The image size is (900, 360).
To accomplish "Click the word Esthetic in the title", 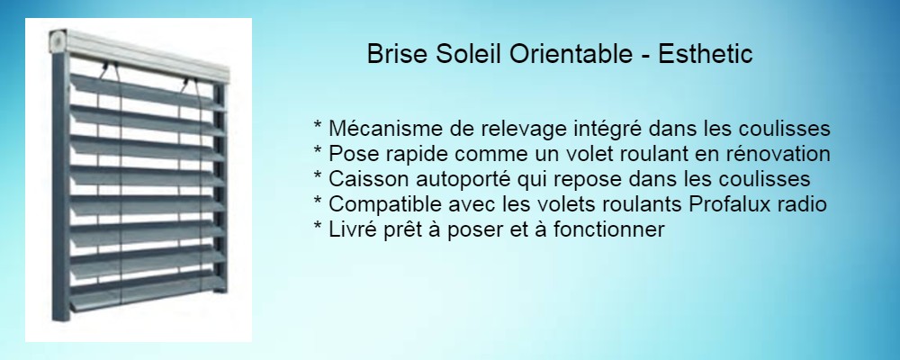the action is point(706,55).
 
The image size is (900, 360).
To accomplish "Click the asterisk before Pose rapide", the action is point(318,150).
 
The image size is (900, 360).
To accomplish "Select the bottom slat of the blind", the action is point(147,295).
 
